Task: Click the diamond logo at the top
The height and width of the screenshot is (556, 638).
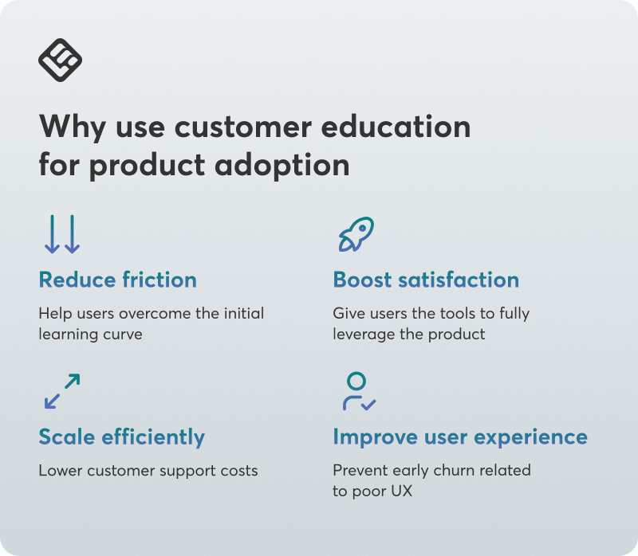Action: pyautogui.click(x=61, y=61)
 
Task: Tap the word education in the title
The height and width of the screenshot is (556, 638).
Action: pyautogui.click(x=396, y=127)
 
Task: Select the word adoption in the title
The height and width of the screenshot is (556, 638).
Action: pyautogui.click(x=282, y=166)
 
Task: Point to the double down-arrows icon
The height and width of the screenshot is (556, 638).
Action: pyautogui.click(x=62, y=234)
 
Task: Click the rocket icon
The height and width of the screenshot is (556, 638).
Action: pyautogui.click(x=356, y=234)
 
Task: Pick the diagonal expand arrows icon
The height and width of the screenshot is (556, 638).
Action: pyautogui.click(x=62, y=391)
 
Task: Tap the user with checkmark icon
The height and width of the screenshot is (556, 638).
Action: pyautogui.click(x=360, y=391)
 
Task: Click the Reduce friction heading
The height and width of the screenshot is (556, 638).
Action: pyautogui.click(x=117, y=280)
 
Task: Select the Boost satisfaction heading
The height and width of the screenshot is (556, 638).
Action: pyautogui.click(x=426, y=280)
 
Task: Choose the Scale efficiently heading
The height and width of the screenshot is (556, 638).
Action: pyautogui.click(x=122, y=437)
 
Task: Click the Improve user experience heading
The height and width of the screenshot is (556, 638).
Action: pyautogui.click(x=460, y=437)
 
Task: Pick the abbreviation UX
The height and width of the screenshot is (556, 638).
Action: pyautogui.click(x=402, y=491)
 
